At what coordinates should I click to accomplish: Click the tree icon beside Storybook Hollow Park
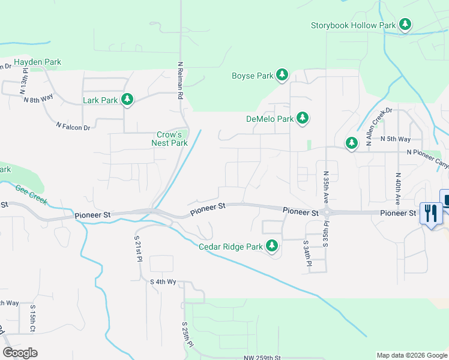pos(406,25)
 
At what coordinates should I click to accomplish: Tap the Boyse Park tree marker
pos(282,75)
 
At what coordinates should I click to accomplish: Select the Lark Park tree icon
pos(127,100)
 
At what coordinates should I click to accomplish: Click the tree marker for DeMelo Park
pos(303,118)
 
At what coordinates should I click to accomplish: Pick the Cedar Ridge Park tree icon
pos(272,246)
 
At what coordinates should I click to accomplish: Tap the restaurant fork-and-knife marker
pos(431,212)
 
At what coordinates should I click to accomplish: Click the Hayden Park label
pos(37,62)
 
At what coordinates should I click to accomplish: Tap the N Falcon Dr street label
pos(73,127)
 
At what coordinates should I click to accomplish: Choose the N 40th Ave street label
pos(397,188)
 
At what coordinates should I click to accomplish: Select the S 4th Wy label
pos(163,281)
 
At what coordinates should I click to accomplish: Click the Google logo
pos(20,353)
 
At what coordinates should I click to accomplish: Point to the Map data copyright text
pos(411,355)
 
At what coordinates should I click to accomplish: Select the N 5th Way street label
pos(396,139)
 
